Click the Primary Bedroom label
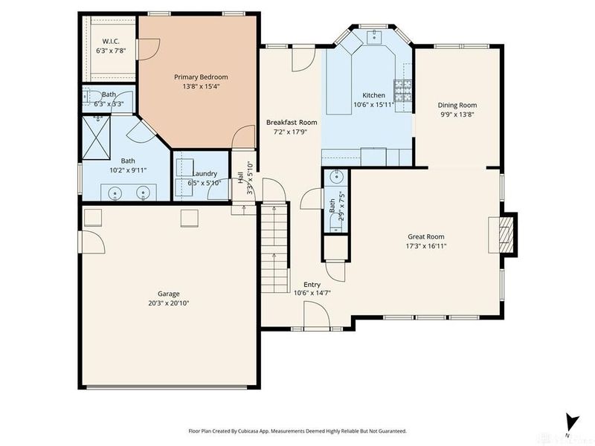(201, 77)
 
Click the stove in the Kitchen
(404, 91)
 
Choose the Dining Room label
(457, 105)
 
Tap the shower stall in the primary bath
(96, 139)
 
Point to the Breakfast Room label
(292, 122)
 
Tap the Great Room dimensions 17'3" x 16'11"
(426, 245)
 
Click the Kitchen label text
(373, 95)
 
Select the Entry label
(312, 284)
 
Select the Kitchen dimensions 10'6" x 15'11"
(373, 105)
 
